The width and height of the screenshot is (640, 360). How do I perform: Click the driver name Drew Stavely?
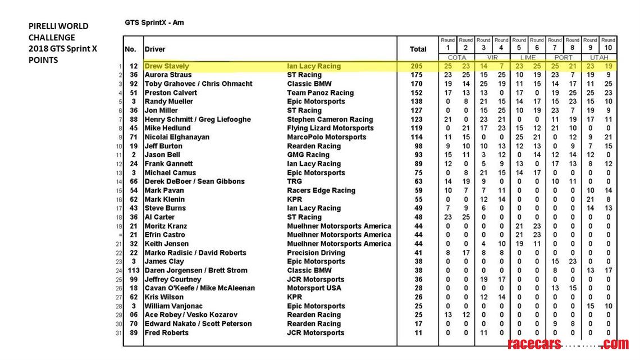pyautogui.click(x=167, y=66)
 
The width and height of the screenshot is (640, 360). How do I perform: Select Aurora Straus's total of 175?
pyautogui.click(x=417, y=75)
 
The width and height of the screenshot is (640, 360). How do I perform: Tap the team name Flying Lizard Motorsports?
pyautogui.click(x=330, y=128)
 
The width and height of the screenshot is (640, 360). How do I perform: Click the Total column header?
pyautogui.click(x=418, y=49)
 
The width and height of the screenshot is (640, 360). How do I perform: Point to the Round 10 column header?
pyautogui.click(x=608, y=44)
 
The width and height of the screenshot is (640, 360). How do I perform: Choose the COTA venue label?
pyautogui.click(x=457, y=57)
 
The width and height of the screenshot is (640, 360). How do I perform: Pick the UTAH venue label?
pyautogui.click(x=600, y=57)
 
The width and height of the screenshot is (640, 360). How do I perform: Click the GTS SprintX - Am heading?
pyautogui.click(x=154, y=23)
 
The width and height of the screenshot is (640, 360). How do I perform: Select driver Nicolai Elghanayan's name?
pyautogui.click(x=177, y=137)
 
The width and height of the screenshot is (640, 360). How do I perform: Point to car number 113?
pyautogui.click(x=134, y=270)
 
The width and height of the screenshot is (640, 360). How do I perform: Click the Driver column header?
pyautogui.click(x=155, y=49)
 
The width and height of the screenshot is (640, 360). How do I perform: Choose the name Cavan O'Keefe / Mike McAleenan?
pyautogui.click(x=200, y=288)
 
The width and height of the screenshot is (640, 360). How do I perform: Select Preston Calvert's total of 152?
pyautogui.click(x=417, y=93)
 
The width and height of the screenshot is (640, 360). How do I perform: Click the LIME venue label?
pyautogui.click(x=528, y=57)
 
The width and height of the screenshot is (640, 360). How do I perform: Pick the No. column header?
pyautogui.click(x=130, y=49)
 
